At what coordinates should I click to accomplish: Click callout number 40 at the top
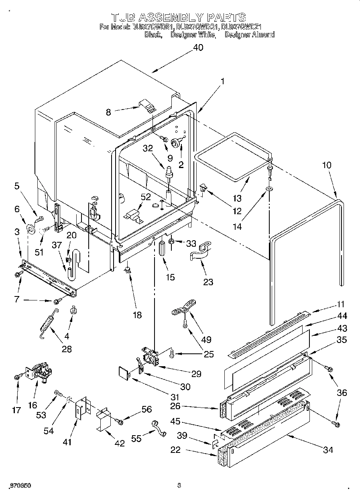[x=198, y=47]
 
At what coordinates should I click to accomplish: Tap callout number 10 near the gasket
[x=327, y=165]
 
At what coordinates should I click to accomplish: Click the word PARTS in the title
[x=226, y=17]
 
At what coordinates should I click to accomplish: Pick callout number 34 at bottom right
[x=328, y=450]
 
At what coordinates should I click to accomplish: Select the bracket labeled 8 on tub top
[x=148, y=107]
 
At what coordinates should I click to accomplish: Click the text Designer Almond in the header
[x=249, y=35]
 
